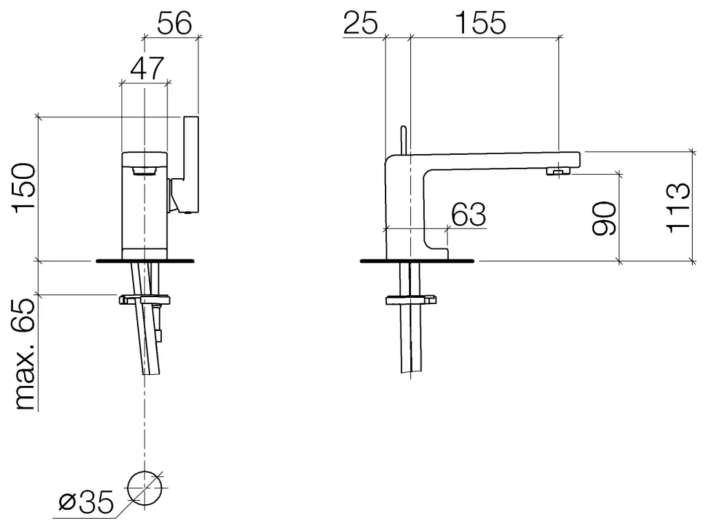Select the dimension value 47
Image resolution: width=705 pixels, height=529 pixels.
tap(147, 68)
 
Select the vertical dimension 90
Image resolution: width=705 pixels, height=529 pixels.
tap(604, 219)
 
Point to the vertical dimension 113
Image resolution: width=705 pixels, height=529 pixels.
tap(678, 208)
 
